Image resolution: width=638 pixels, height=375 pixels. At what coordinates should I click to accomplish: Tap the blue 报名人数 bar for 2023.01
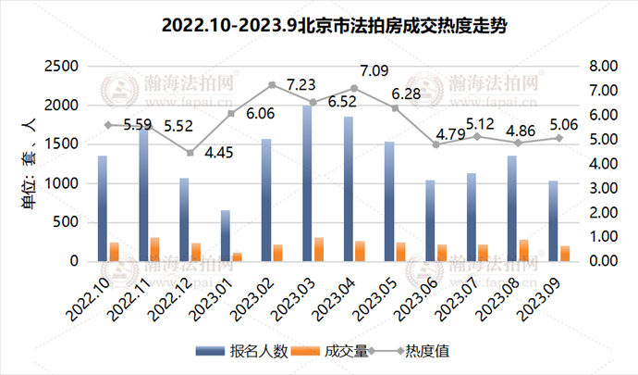[x=225, y=236]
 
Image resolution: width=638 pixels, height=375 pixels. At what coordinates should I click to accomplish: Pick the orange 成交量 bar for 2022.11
[x=155, y=249]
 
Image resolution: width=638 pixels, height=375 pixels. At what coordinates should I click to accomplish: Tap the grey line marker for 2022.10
[x=108, y=125]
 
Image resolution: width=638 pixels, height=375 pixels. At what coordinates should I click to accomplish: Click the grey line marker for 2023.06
[x=436, y=144]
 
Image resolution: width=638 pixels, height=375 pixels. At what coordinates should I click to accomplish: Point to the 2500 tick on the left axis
[x=62, y=67]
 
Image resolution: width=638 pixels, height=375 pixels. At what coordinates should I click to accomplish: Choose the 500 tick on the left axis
[x=69, y=222]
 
